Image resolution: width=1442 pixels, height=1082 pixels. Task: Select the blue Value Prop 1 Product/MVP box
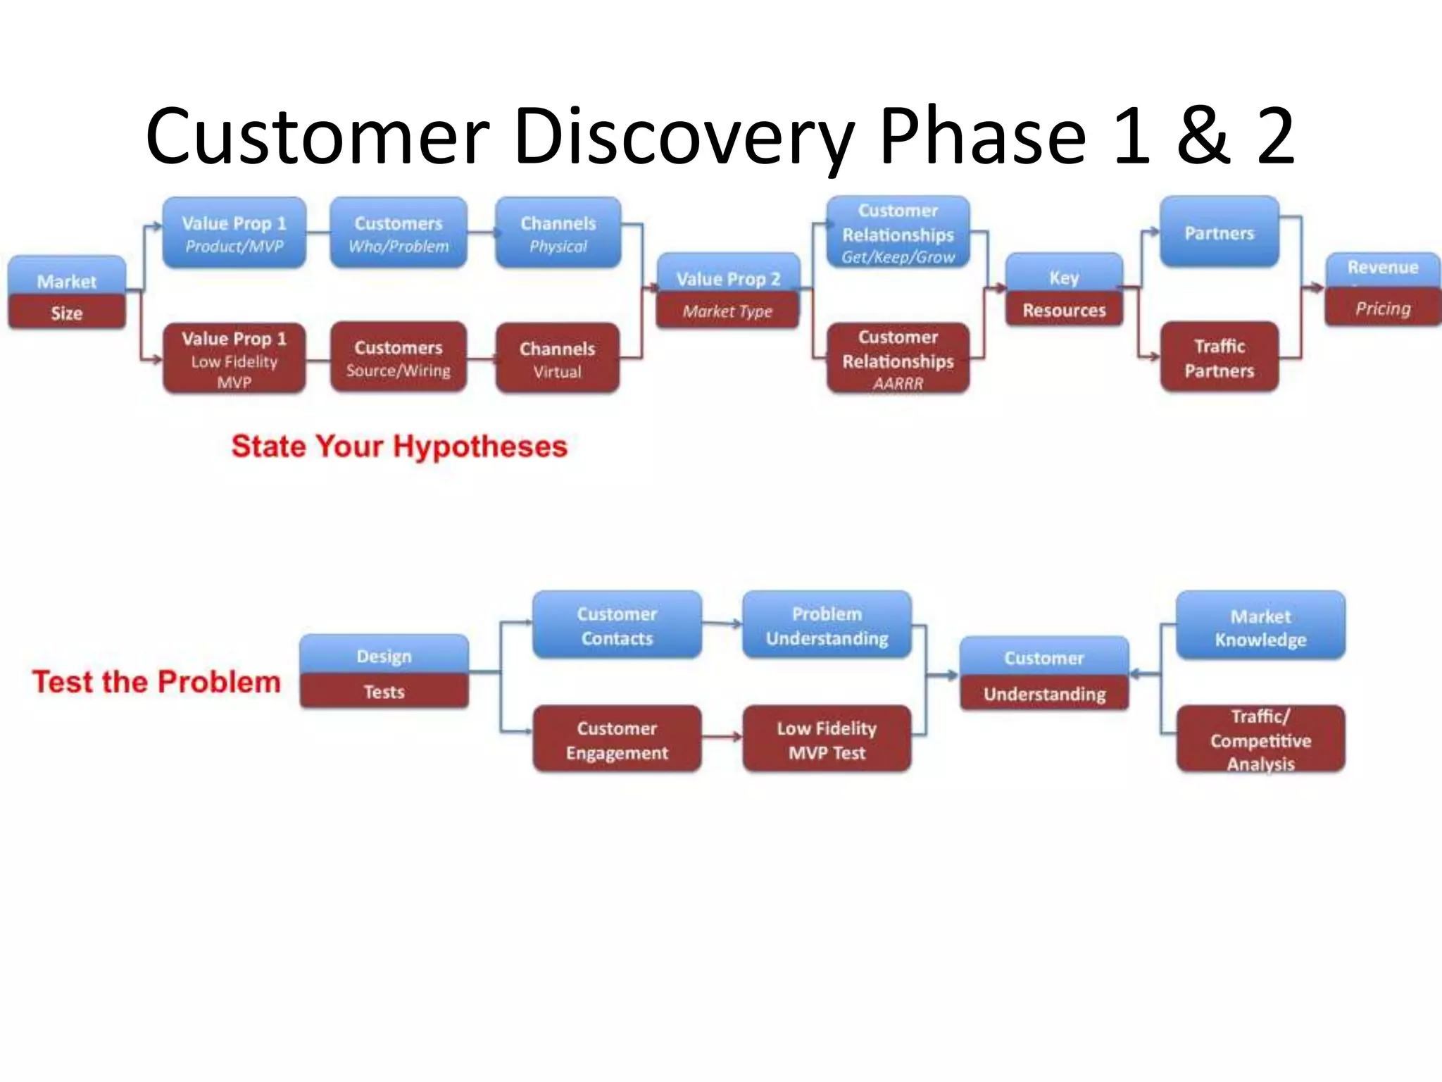point(234,233)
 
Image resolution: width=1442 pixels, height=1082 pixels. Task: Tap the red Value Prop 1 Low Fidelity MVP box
point(234,359)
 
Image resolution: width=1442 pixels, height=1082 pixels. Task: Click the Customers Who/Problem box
point(399,233)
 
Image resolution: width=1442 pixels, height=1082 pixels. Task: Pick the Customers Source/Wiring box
point(399,358)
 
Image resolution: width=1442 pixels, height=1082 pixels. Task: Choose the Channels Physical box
point(558,233)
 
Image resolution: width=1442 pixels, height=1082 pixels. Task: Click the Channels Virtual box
point(558,359)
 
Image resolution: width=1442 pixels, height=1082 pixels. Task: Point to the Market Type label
point(727,311)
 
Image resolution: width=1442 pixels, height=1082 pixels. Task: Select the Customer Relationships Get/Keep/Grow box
point(898,232)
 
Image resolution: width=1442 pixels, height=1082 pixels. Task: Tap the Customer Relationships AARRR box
point(898,359)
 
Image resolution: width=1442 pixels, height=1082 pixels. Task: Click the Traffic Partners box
point(1219,358)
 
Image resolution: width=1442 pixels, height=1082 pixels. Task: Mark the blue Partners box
point(1219,232)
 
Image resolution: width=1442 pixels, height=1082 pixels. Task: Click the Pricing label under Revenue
point(1383,309)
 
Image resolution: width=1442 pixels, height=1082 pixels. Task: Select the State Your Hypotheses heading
point(399,447)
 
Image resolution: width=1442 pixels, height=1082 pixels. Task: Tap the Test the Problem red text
point(156,682)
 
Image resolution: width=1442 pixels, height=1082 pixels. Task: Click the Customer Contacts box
point(617,626)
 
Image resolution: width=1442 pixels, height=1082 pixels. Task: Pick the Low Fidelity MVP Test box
point(827,740)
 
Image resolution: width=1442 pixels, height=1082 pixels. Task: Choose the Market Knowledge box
point(1260,627)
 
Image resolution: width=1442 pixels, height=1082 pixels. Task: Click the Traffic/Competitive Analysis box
point(1260,740)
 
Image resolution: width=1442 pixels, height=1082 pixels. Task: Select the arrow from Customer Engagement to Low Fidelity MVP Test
point(722,738)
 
